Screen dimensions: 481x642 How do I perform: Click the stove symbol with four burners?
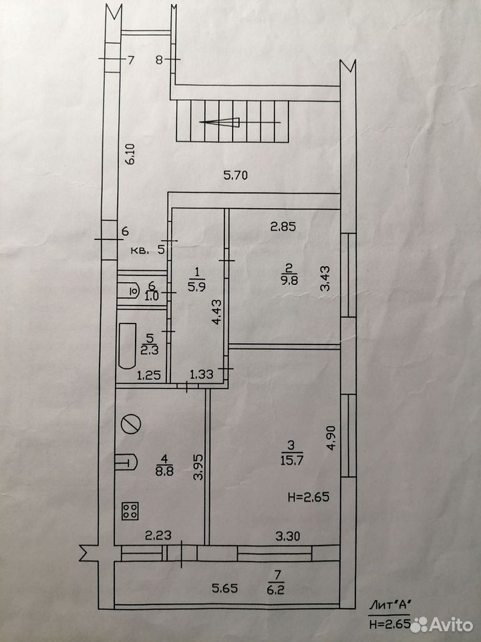(x=130, y=510)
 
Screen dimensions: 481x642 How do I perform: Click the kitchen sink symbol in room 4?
(x=126, y=462)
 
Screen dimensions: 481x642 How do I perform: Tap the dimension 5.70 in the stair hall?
(x=235, y=176)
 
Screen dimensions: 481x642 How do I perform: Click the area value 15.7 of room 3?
(x=292, y=460)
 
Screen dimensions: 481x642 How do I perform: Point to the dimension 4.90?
(x=331, y=437)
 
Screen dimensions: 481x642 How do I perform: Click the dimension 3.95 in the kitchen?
(x=199, y=466)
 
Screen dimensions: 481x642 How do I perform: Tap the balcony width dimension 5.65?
(x=224, y=588)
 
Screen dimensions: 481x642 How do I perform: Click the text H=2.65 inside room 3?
(x=309, y=498)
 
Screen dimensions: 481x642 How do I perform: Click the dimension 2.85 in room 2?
(x=283, y=227)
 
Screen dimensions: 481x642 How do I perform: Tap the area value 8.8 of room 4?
(x=164, y=471)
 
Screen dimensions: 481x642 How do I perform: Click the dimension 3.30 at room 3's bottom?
(x=287, y=536)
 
